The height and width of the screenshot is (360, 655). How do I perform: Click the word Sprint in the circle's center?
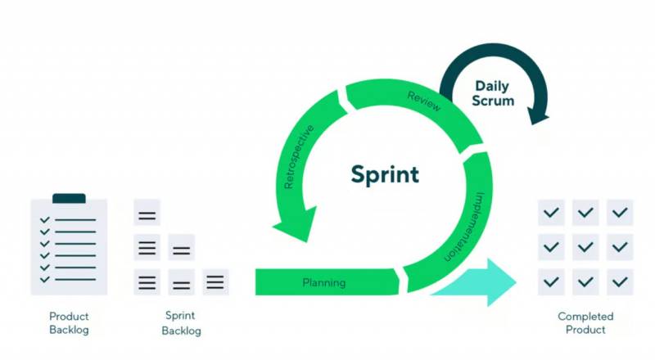click(385, 174)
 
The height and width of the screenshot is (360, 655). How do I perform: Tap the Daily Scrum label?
click(494, 93)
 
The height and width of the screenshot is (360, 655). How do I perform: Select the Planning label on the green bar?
click(324, 282)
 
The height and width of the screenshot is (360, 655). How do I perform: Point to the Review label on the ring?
click(424, 102)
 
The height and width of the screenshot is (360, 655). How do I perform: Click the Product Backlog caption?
click(69, 323)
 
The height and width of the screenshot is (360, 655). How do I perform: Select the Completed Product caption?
click(585, 323)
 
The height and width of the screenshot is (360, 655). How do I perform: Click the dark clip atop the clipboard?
click(69, 199)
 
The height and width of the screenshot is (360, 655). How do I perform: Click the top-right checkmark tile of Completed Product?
click(620, 213)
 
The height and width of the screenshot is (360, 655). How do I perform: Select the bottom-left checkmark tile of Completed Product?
click(550, 281)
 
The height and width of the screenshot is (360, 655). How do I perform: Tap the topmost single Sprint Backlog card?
click(147, 214)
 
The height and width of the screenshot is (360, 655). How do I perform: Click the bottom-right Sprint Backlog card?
click(215, 281)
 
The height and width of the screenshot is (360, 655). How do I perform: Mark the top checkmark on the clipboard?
click(46, 220)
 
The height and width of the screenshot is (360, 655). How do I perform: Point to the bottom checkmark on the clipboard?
click(46, 279)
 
